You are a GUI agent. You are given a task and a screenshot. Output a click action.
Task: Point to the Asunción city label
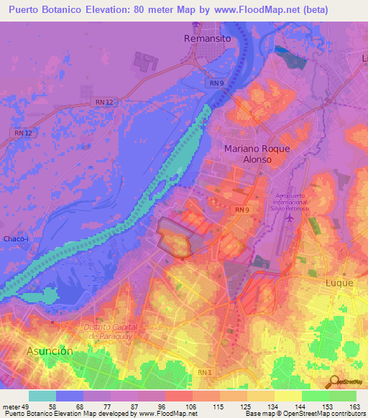[x=50, y=351]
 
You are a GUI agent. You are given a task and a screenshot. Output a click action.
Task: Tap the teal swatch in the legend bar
[x=42, y=396]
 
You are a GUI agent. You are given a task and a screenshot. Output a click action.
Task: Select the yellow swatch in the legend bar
[x=288, y=396]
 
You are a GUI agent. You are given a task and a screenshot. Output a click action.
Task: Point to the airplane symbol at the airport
[x=289, y=217]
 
